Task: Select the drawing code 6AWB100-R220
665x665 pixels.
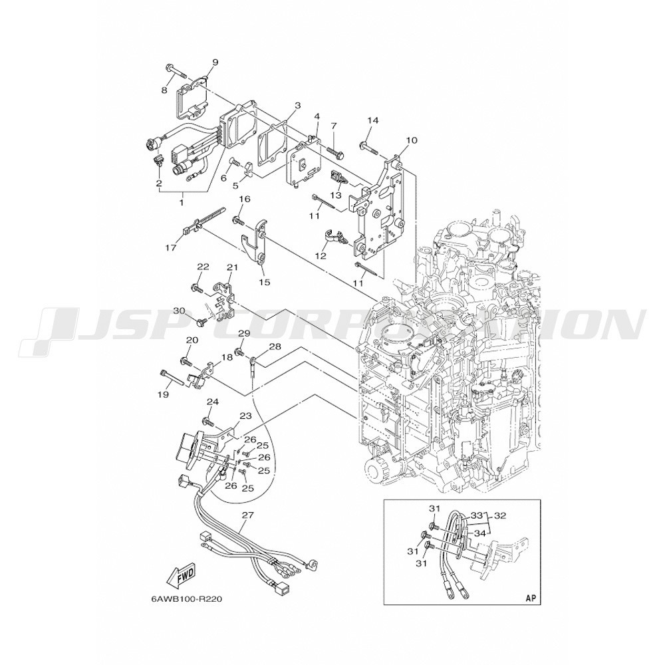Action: point(186,598)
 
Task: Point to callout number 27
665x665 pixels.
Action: point(247,515)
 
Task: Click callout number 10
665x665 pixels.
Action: point(411,140)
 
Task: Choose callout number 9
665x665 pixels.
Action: point(215,63)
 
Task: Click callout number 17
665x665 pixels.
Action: point(171,248)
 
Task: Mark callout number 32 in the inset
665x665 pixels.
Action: point(499,515)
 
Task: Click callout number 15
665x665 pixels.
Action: point(265,282)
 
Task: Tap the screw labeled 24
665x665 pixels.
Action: point(208,422)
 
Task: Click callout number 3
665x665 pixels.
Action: point(297,105)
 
